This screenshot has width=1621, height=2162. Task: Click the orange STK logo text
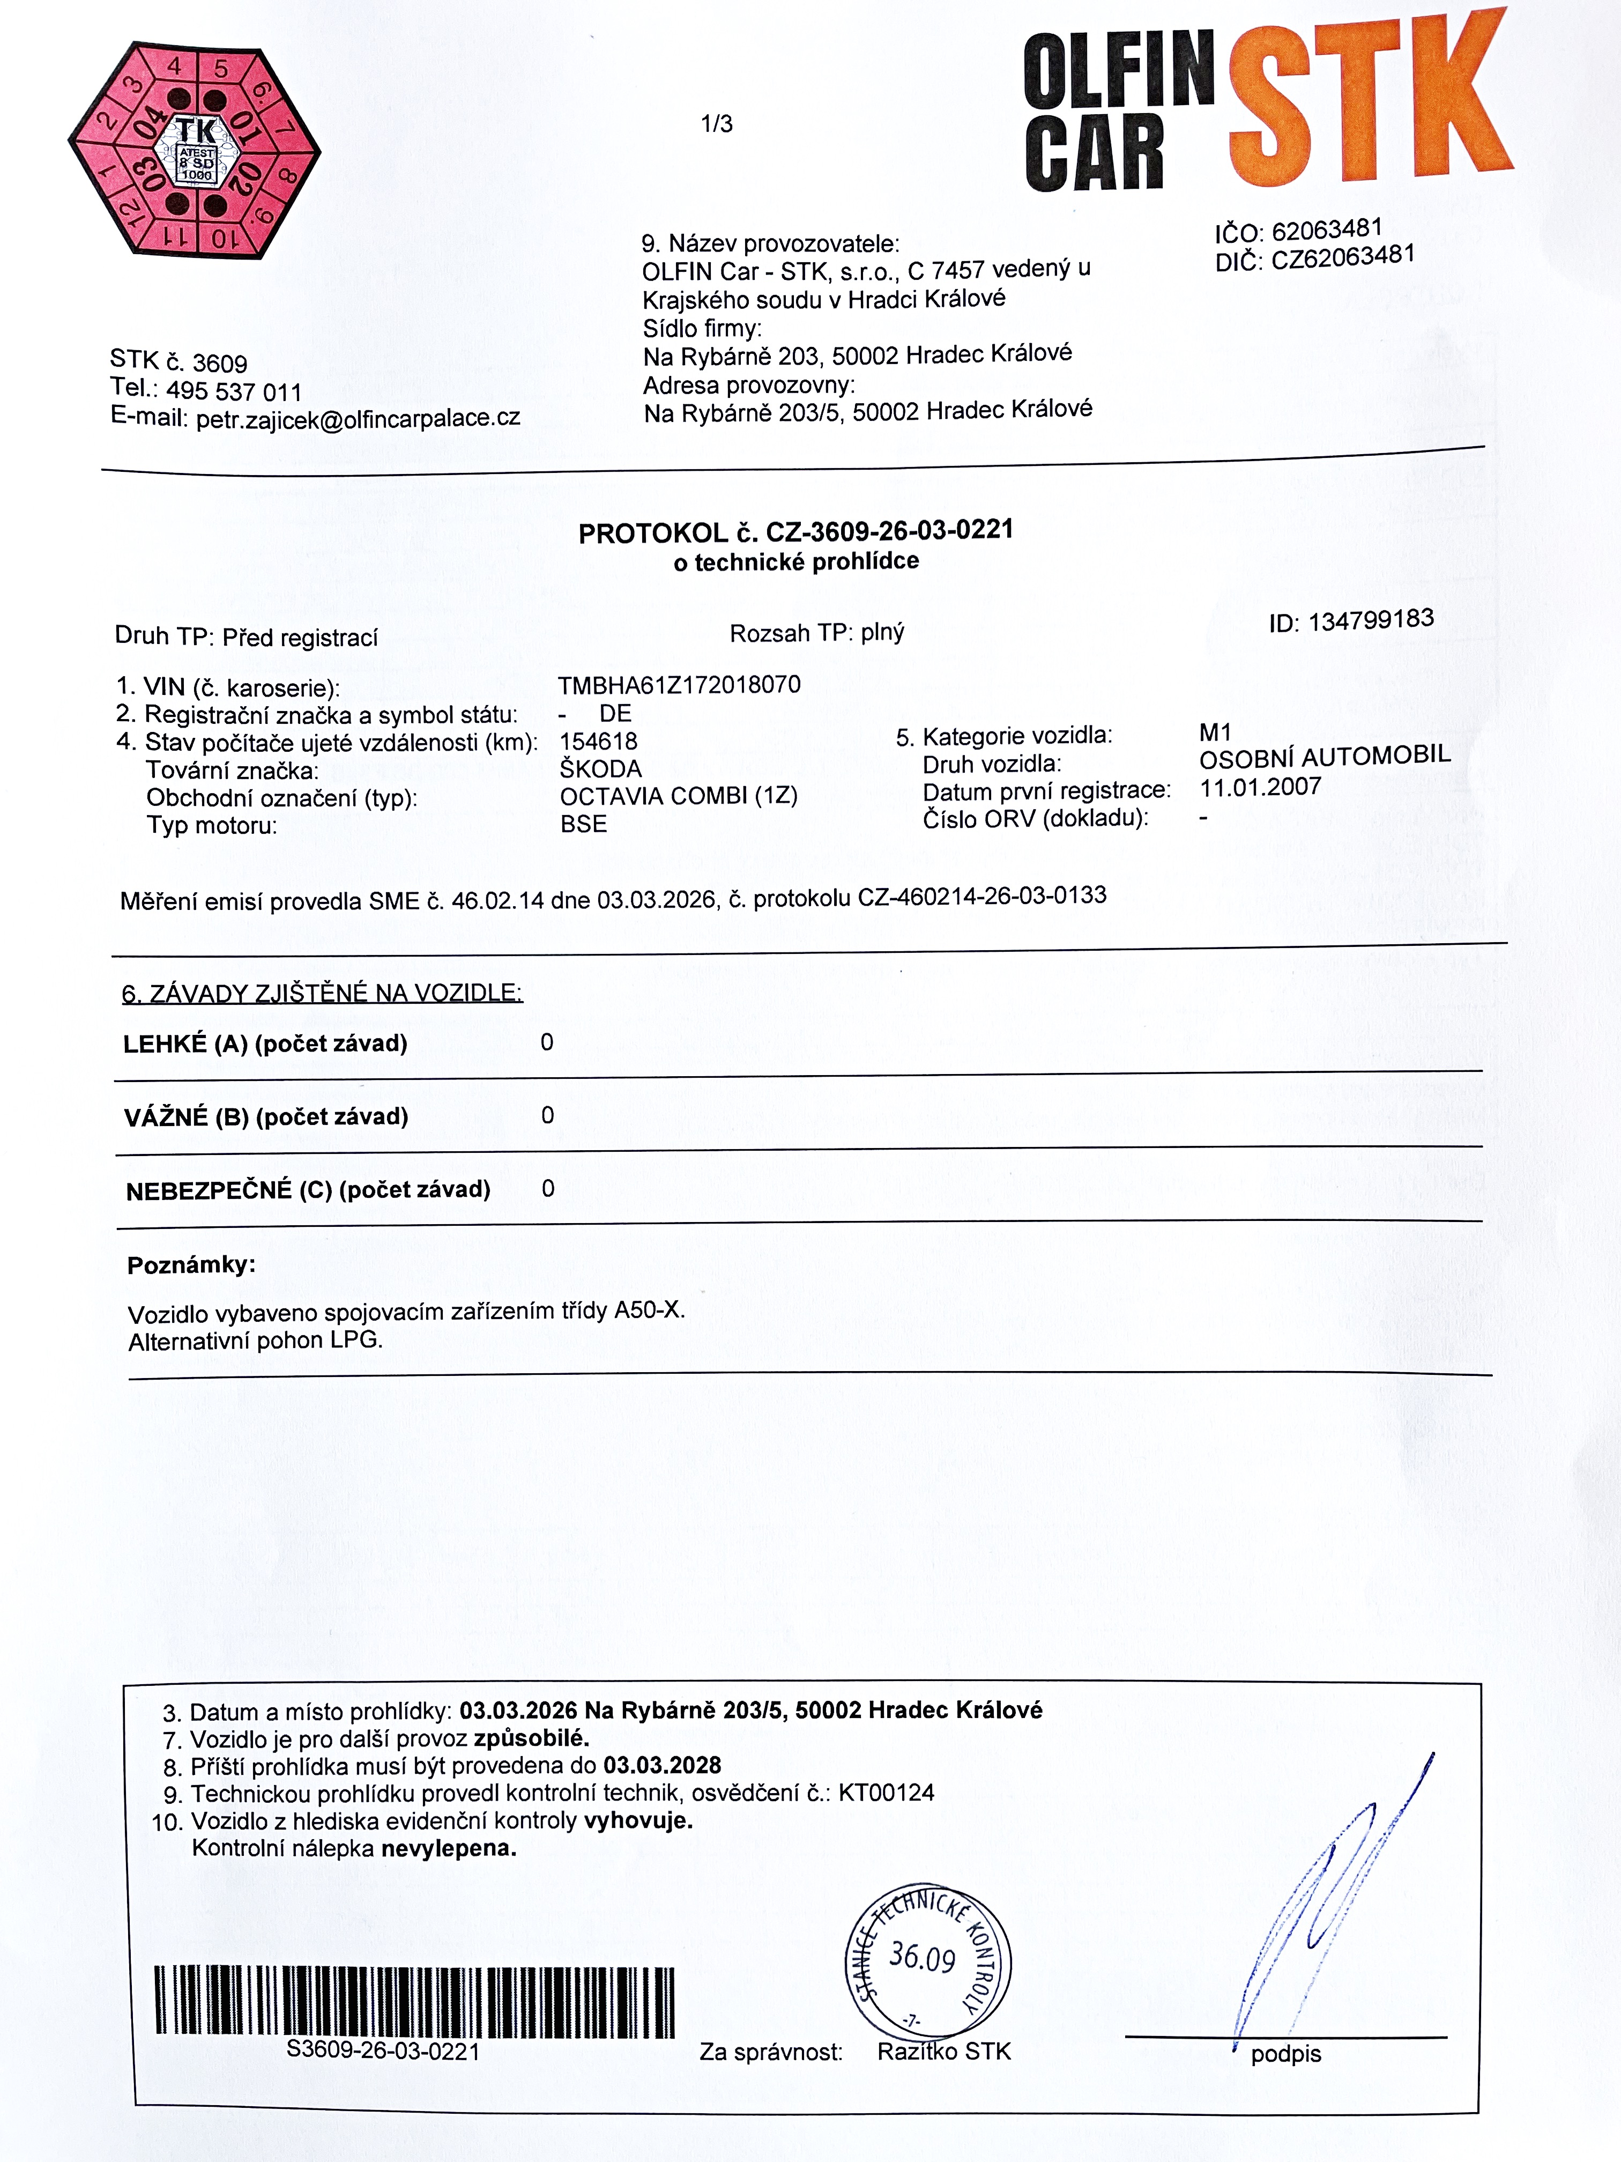1368,102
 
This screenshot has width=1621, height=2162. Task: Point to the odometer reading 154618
598,741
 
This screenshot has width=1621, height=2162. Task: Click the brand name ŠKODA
600,769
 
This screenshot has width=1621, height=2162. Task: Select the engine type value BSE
583,824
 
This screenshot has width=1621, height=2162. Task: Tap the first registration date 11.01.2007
1260,788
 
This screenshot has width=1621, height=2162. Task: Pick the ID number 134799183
1370,620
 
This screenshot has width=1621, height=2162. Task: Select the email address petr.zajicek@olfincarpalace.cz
358,418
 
